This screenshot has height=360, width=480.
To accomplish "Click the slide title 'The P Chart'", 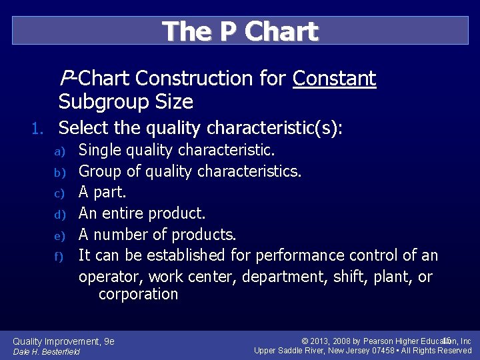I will (240, 31).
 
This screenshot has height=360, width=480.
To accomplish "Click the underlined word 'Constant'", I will (335, 79).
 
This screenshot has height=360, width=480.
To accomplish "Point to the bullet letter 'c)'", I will (59, 194).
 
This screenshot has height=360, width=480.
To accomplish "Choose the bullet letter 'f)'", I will (59, 256).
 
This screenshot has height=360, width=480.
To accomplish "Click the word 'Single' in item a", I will (101, 151).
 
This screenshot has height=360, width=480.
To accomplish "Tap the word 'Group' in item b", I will (101, 171).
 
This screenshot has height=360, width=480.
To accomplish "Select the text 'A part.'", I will (102, 193).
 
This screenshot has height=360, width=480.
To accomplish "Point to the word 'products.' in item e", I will (204, 235).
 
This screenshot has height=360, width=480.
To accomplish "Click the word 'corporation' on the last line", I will (138, 294).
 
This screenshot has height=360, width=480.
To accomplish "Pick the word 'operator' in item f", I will (111, 276).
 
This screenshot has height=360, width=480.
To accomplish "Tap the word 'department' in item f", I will (269, 276).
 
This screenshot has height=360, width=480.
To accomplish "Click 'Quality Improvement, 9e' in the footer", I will (64, 341).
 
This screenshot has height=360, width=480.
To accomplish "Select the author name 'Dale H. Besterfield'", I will (46, 351).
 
